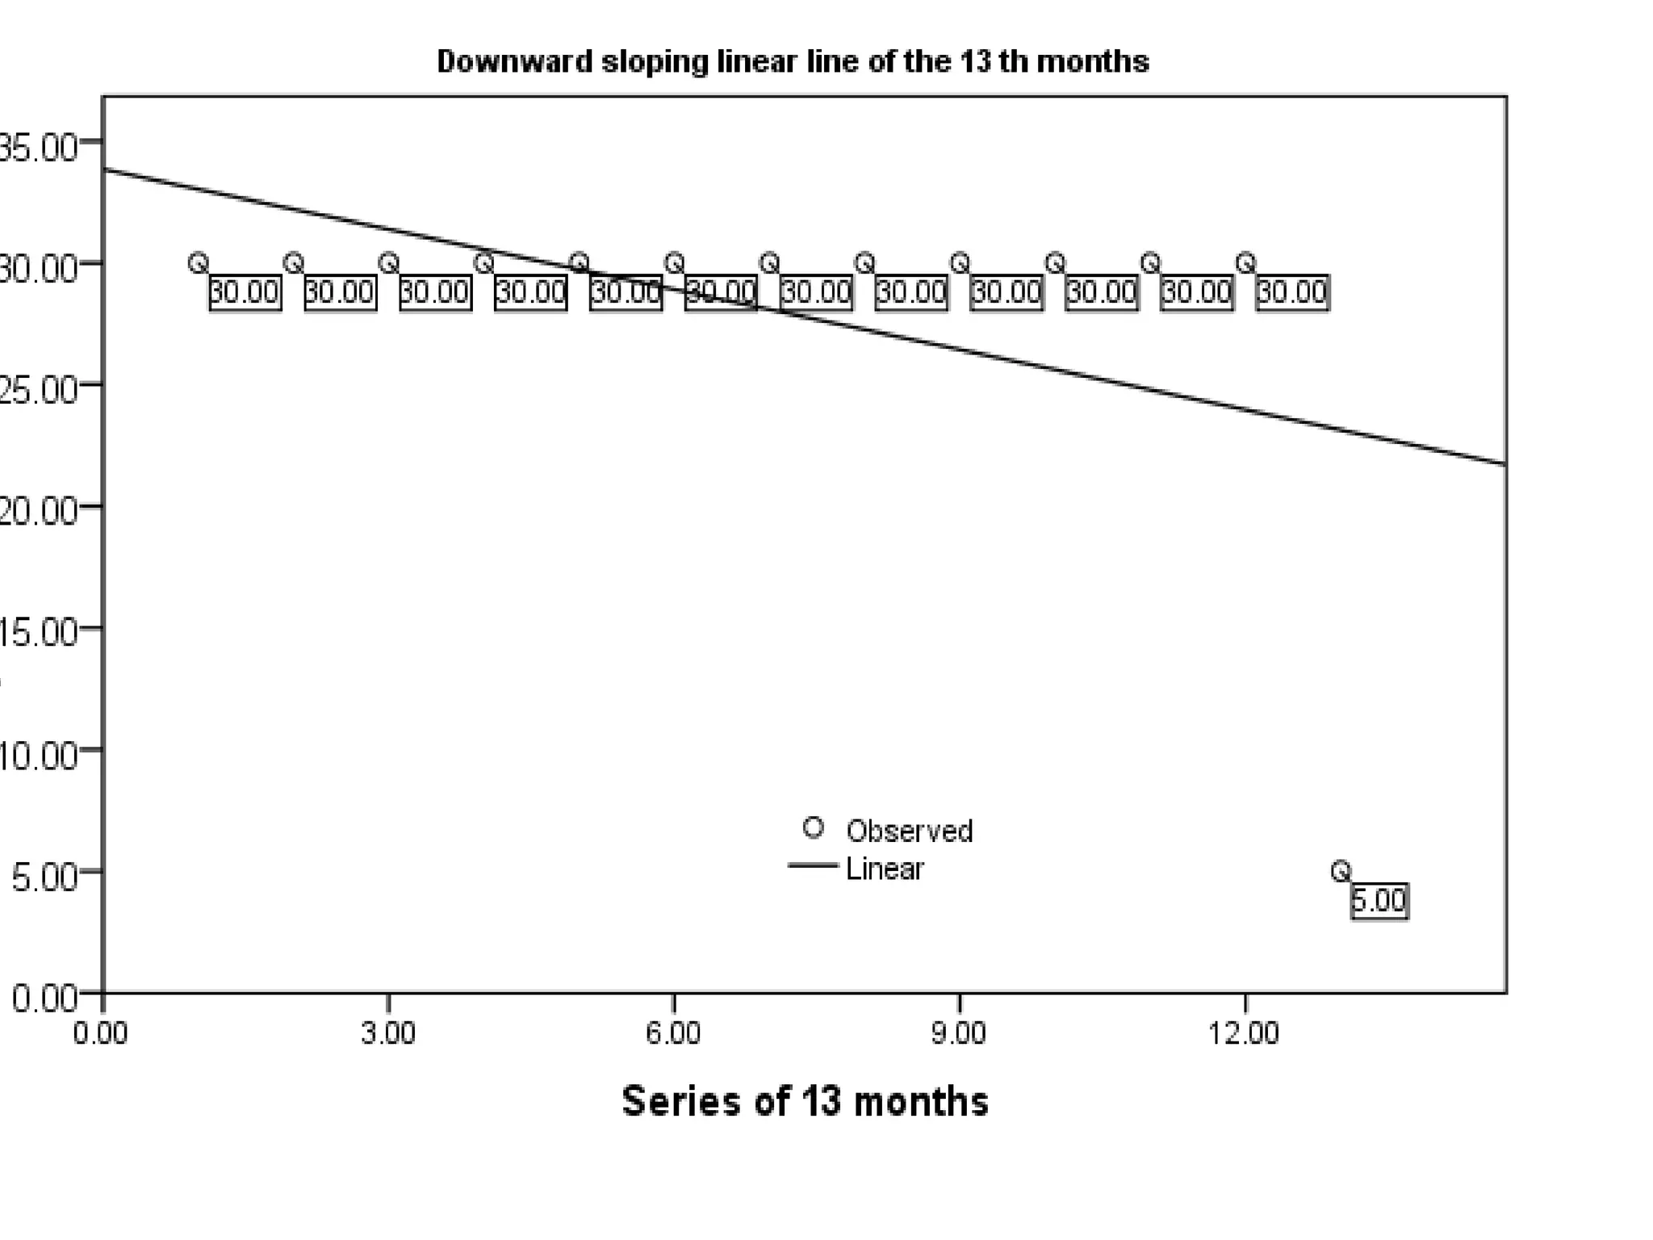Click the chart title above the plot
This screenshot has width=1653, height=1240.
793,62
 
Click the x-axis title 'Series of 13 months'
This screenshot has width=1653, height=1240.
805,1101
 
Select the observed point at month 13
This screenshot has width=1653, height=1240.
1340,871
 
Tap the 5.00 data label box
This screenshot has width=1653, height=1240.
1379,901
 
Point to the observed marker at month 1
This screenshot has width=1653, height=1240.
198,262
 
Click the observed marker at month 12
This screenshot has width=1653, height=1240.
1245,262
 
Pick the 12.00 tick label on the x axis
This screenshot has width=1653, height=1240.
1244,1033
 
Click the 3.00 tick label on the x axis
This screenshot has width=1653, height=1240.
388,1033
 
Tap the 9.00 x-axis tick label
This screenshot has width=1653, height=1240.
958,1033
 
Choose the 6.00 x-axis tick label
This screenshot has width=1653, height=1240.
673,1033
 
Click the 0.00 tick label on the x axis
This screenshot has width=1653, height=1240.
101,1033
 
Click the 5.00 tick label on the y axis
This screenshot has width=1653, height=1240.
45,877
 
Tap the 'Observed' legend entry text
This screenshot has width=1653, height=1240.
909,831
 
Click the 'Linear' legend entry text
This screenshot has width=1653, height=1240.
885,869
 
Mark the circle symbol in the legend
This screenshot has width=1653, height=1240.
814,827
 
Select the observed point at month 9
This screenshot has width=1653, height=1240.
960,262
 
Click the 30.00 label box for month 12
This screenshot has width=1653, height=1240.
1292,292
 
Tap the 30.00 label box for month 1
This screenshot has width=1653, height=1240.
245,292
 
